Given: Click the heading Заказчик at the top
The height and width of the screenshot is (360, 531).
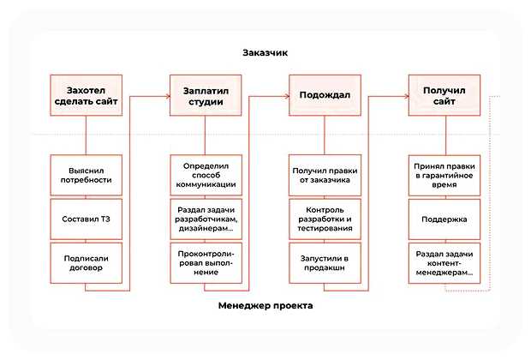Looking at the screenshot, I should click(265, 53).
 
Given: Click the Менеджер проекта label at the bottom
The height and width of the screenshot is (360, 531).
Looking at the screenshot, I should click(265, 306).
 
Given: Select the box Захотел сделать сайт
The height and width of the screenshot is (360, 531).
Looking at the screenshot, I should click(87, 96).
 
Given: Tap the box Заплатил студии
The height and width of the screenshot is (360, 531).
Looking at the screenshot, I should click(206, 96).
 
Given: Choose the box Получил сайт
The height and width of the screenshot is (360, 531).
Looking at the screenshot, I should click(444, 96).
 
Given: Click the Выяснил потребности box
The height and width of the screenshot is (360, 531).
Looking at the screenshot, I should click(87, 174).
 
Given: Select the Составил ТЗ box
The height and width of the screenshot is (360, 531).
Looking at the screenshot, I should click(87, 219).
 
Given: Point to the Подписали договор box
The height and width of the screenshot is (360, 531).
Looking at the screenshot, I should click(87, 262).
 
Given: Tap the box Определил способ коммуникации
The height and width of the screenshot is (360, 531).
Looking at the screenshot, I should click(206, 174).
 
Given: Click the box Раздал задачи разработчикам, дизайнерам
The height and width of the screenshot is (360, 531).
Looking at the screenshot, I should click(206, 219).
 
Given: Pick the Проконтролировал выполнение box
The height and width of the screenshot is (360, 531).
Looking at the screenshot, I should click(206, 262).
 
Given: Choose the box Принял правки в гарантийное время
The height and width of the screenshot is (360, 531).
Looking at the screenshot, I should click(444, 174).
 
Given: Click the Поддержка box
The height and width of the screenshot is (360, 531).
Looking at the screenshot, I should click(444, 219).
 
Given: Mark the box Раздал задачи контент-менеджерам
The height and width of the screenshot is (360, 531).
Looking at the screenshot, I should click(444, 262).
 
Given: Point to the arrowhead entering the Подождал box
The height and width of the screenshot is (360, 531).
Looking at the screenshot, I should click(284, 96).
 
